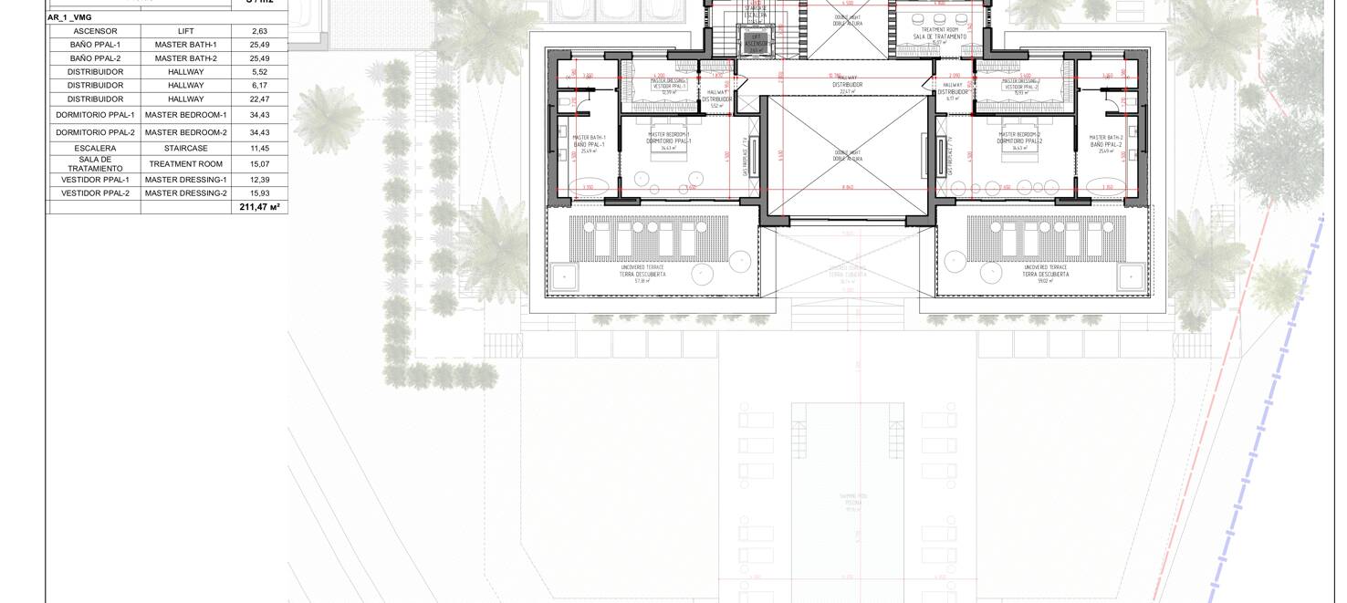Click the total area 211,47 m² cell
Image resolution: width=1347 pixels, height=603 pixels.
click(259, 207)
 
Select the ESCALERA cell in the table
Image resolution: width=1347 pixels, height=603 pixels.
click(95, 148)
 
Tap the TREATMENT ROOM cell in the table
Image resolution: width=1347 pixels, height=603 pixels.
click(186, 164)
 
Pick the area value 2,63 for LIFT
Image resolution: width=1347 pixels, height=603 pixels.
click(259, 31)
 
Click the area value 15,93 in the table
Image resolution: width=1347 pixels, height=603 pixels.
click(259, 193)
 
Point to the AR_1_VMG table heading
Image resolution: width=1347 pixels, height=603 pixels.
click(69, 17)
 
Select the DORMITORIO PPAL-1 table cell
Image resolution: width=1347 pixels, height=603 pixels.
click(95, 115)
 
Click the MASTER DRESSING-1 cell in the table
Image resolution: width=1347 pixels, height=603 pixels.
click(186, 180)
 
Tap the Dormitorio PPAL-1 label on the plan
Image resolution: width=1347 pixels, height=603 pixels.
click(669, 140)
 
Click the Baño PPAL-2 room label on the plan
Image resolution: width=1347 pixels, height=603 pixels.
click(1105, 143)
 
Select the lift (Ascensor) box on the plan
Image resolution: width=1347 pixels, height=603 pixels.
click(756, 42)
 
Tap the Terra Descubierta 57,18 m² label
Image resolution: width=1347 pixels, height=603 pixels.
click(642, 274)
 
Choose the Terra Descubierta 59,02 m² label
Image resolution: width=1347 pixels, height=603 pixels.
click(1045, 274)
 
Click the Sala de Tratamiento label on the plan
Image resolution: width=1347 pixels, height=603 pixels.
click(939, 36)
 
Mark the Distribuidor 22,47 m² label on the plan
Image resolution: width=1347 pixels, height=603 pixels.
click(847, 85)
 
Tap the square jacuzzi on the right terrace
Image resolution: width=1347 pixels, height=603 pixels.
click(1131, 276)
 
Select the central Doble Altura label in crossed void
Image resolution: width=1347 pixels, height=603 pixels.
click(848, 156)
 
